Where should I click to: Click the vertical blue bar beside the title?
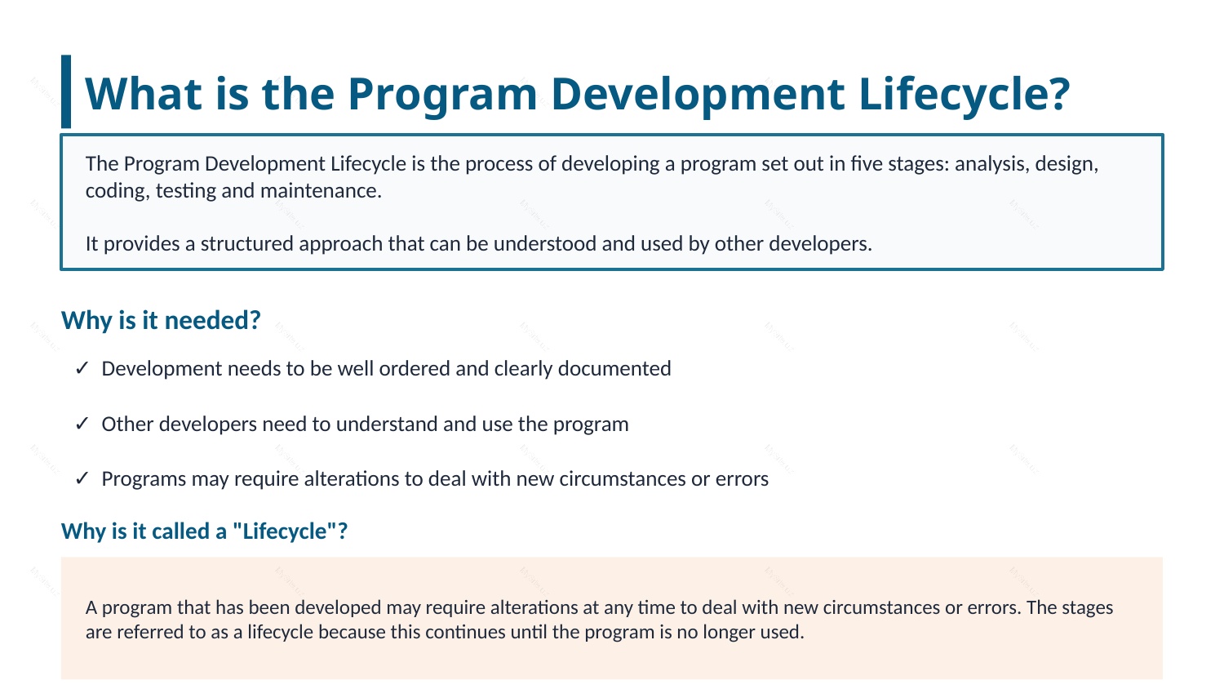(66, 91)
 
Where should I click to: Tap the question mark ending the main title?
(1058, 94)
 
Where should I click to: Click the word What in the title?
(144, 94)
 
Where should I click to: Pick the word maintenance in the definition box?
(321, 191)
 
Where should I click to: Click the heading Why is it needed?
(161, 321)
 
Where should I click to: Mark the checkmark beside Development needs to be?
(82, 368)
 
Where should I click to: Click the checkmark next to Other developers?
(82, 423)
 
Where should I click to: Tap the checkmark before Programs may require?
(82, 478)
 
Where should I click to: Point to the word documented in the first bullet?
(614, 368)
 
